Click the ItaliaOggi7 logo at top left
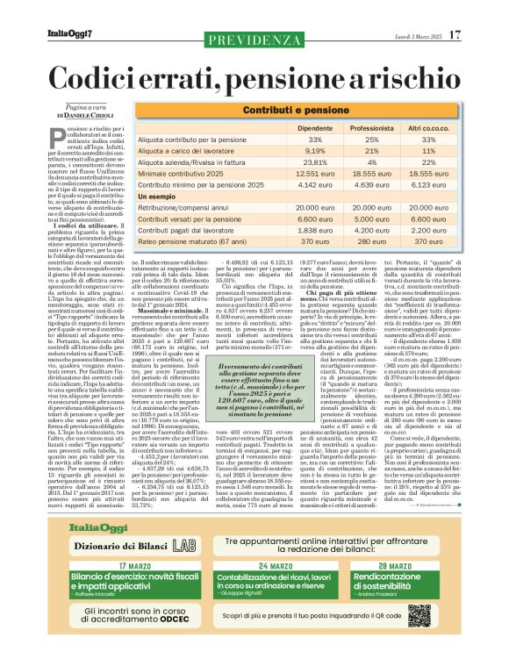[x=70, y=35]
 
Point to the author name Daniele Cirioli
[x=87, y=115]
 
